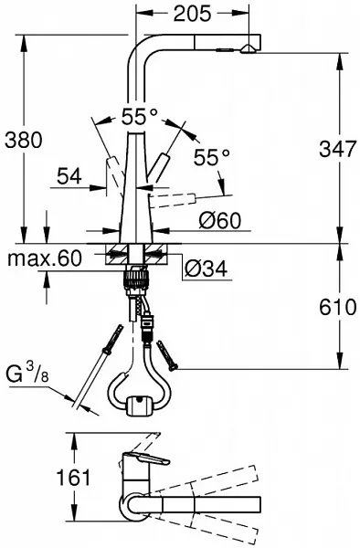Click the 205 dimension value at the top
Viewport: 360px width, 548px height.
point(193,14)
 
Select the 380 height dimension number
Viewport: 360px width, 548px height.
point(24,140)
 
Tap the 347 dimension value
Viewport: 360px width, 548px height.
point(338,149)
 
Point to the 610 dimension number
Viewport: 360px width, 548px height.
point(338,308)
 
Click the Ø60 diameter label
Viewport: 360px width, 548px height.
point(220,221)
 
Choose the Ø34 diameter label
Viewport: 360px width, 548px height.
point(206,269)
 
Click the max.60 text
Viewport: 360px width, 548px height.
point(45,258)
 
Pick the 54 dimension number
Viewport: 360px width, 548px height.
point(69,175)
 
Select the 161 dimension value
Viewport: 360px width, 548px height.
point(74,478)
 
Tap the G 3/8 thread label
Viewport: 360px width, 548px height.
point(27,374)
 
